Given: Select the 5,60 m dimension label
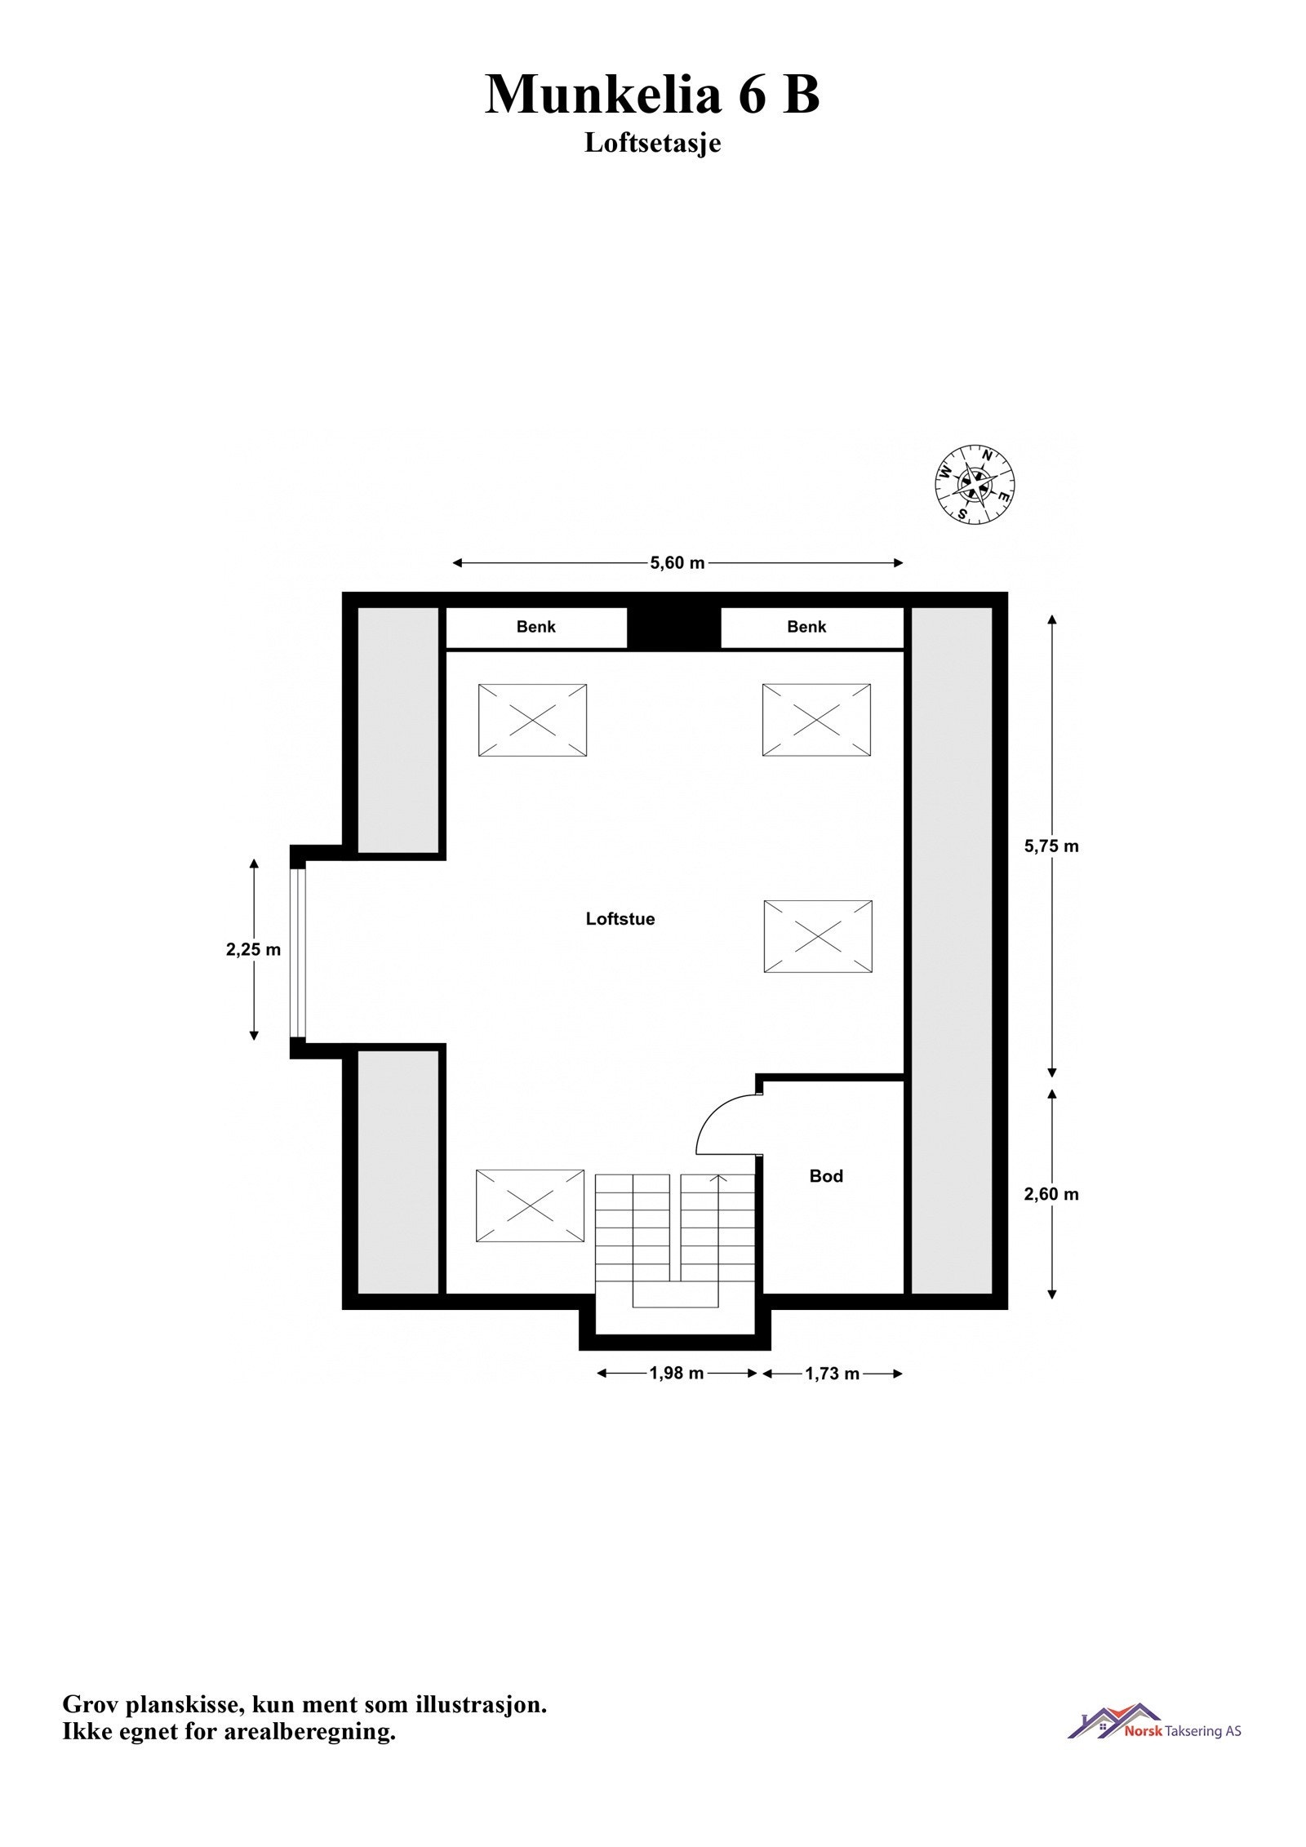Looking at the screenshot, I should click(x=677, y=562).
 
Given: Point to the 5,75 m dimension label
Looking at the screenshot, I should click(x=1051, y=846).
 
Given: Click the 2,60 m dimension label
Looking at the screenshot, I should click(x=1051, y=1194).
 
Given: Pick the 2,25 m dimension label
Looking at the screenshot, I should click(x=253, y=949).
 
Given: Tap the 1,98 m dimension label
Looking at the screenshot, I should click(x=676, y=1373).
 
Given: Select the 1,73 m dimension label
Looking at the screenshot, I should click(x=832, y=1374).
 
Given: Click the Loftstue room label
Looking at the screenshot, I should click(x=620, y=919).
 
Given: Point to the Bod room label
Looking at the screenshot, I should click(x=825, y=1176).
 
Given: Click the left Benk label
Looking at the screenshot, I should click(x=535, y=627).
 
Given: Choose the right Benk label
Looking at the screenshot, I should click(x=806, y=627).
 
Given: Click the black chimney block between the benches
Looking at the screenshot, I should click(x=673, y=628).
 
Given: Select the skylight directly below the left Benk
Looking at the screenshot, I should click(x=532, y=720).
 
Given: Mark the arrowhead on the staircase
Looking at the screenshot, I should click(x=717, y=1179).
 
